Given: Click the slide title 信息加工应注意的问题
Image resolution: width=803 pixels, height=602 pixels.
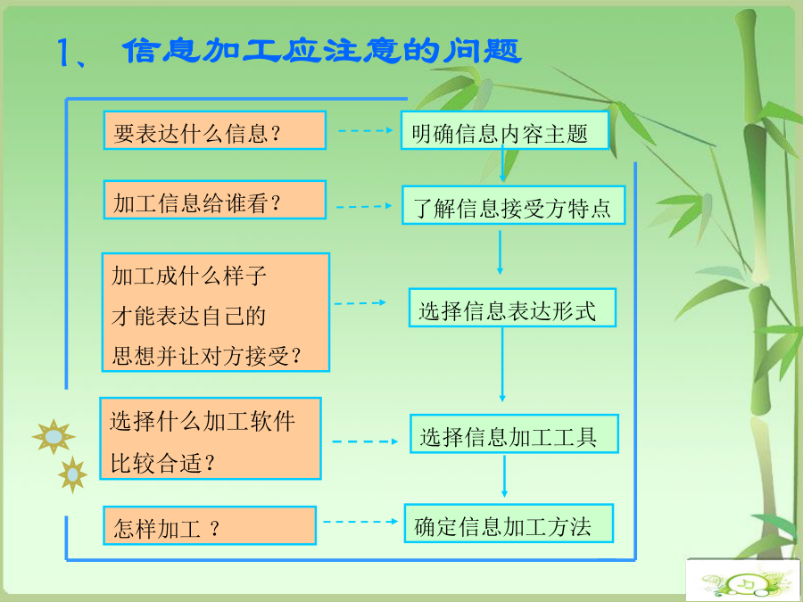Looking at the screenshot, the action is pos(321,51).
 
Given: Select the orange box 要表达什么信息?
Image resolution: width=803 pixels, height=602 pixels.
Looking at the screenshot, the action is pos(214,130).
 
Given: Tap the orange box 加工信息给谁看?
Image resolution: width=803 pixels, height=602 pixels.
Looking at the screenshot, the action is pos(214,200).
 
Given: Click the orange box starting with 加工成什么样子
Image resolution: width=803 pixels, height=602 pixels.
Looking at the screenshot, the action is pos(216,312).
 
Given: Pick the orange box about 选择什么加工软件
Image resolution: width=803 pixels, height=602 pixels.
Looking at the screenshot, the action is pos(211,439).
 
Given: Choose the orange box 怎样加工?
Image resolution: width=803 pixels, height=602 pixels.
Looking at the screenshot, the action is pos(210,525).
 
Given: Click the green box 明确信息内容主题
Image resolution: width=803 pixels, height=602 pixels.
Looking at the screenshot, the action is pos(505,130).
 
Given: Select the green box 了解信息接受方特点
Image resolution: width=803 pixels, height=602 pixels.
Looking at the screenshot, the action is pos(514,205).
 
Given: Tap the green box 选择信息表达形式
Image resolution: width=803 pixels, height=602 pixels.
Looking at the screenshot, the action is pos(512,308).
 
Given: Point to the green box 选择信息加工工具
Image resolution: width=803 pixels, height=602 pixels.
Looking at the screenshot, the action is pos(514,434).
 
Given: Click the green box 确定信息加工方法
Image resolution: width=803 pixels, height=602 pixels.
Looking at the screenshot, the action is pos(509,524).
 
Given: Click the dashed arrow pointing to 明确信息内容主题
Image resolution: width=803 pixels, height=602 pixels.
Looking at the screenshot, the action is pos(366,130).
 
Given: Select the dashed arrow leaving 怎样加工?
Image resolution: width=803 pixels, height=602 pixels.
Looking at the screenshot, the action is pos(361,522).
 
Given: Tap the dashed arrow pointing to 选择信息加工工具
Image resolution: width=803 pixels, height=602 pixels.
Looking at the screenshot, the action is pos(365,441).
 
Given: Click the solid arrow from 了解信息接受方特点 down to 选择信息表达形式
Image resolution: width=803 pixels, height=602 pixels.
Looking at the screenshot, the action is pos(500,252).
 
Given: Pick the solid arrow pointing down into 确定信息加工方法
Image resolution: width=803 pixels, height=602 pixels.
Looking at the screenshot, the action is pos(504,476).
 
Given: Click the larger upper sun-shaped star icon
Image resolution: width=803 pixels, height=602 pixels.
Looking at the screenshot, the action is pos(54,437).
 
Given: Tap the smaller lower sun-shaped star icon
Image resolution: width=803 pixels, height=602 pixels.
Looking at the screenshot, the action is pos(73,475).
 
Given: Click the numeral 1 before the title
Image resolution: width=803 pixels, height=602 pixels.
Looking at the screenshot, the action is pos(63,53).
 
